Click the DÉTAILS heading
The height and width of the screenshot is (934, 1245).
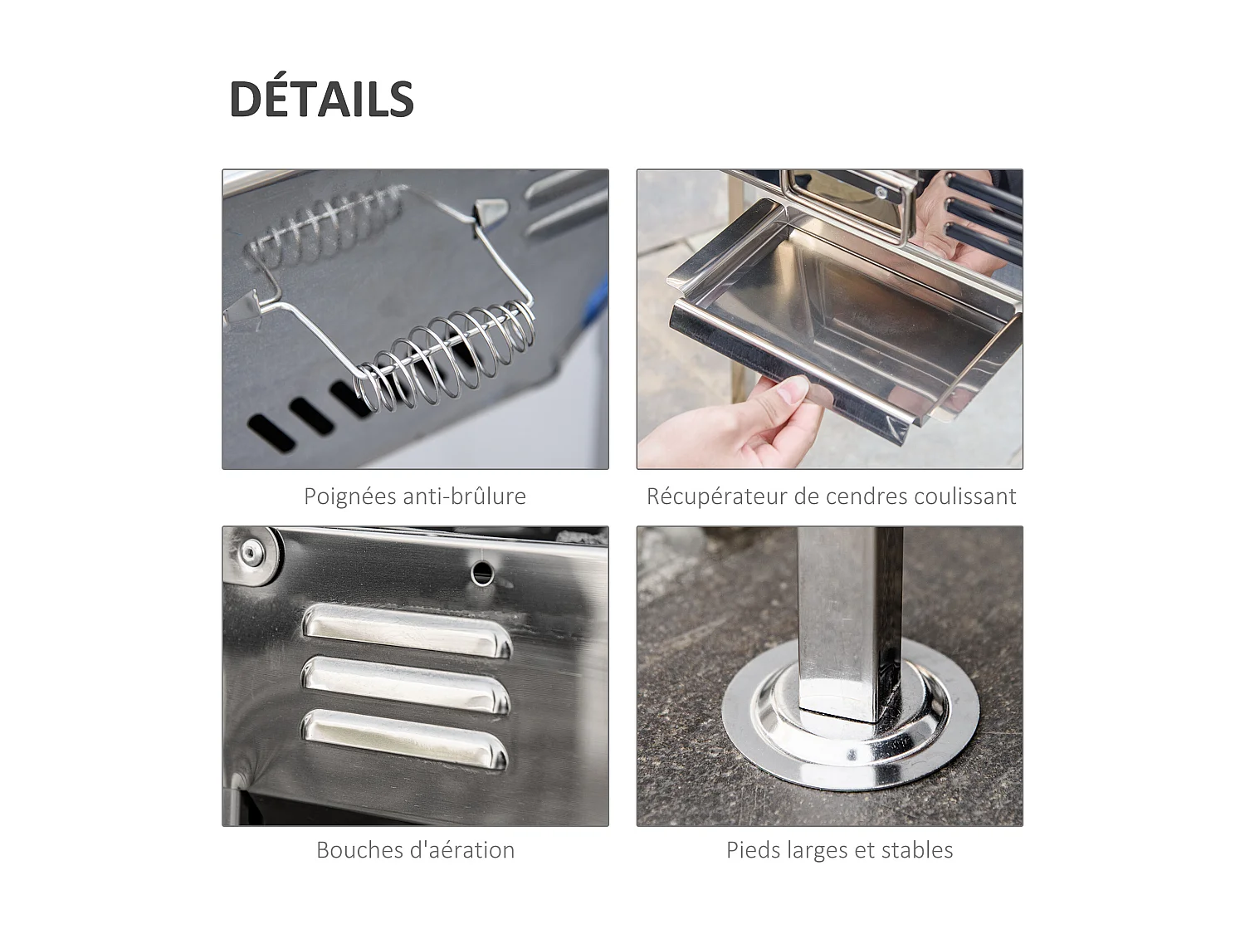coord(321,99)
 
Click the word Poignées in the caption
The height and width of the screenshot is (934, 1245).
coord(349,496)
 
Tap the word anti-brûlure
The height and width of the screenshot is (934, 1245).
coord(464,496)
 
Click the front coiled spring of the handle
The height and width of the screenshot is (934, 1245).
coord(448,357)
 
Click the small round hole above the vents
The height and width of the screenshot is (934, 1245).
coord(481,572)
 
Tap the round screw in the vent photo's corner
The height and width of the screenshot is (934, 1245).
coord(250,553)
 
